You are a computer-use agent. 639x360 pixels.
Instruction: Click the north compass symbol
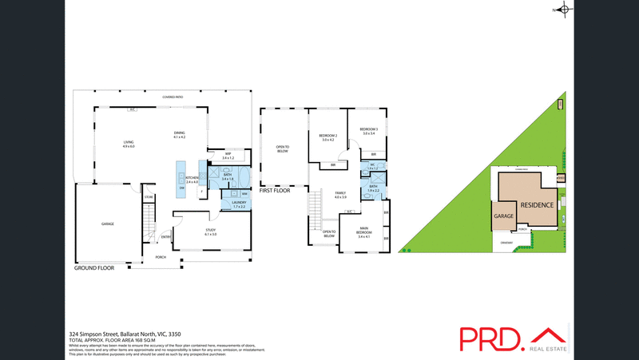pyautogui.click(x=564, y=10)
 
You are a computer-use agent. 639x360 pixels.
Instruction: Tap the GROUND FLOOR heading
pyautogui.click(x=94, y=268)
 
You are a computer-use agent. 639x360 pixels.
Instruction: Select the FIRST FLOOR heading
pyautogui.click(x=275, y=191)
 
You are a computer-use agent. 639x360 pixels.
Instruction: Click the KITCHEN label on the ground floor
pyautogui.click(x=192, y=180)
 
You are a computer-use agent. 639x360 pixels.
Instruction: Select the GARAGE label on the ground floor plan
pyautogui.click(x=107, y=224)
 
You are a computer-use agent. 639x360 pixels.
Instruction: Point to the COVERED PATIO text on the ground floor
pyautogui.click(x=173, y=97)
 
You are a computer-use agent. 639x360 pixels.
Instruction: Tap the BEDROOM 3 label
pyautogui.click(x=368, y=131)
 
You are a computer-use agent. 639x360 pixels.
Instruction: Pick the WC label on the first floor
pyautogui.click(x=372, y=166)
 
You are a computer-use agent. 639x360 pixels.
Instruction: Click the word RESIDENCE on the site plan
pyautogui.click(x=537, y=205)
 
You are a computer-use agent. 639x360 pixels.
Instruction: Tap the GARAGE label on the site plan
pyautogui.click(x=503, y=216)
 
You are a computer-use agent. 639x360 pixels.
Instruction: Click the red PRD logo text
pyautogui.click(x=491, y=339)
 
